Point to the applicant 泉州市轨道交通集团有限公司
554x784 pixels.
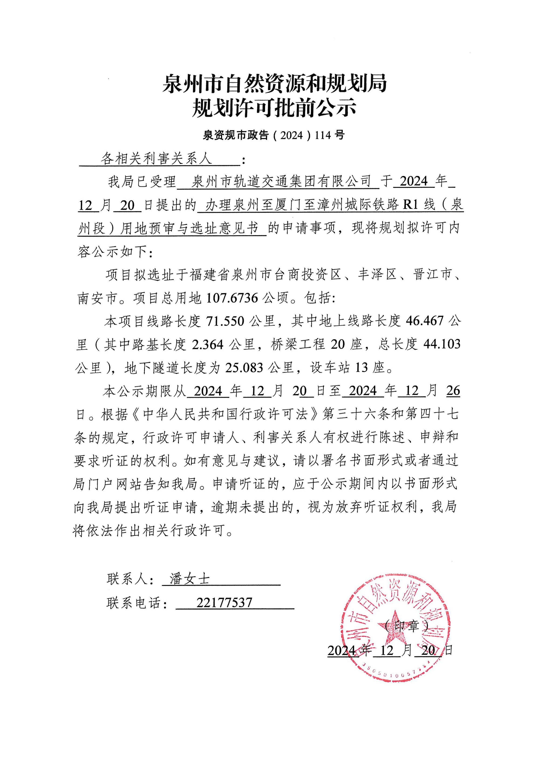(x=281, y=181)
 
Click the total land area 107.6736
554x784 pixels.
(x=232, y=298)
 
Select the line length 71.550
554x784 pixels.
(x=225, y=321)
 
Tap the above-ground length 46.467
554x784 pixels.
(x=425, y=321)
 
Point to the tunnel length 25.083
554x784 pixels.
(x=244, y=368)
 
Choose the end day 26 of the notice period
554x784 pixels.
(x=453, y=391)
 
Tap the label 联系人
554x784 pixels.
(x=127, y=580)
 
